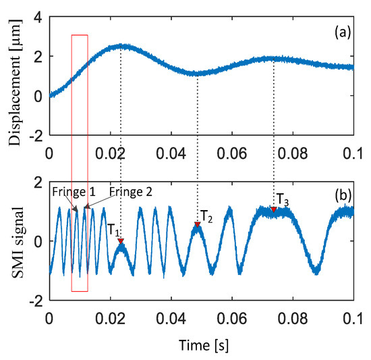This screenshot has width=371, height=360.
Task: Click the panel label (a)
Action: [x=337, y=31]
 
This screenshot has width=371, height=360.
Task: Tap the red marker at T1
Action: [x=121, y=240]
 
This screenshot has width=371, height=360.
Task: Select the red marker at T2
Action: [x=197, y=224]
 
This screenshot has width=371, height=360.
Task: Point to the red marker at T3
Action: [x=274, y=210]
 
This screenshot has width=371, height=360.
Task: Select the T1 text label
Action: [x=113, y=230]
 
